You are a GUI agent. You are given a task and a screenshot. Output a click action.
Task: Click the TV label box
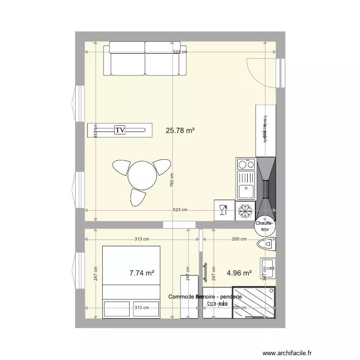[x=120, y=130]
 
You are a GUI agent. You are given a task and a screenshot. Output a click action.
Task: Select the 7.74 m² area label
[x=142, y=273]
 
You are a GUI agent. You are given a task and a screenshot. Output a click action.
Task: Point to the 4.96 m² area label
[x=239, y=273]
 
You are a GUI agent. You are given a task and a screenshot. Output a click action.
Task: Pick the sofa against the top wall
[x=146, y=59]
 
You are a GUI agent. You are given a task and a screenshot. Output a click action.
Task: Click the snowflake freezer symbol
[x=245, y=210]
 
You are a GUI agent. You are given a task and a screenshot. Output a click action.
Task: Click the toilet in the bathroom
[x=267, y=244]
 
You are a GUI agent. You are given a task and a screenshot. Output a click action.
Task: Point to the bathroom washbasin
[x=267, y=268]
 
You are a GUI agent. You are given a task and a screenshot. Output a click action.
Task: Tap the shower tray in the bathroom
[x=254, y=302]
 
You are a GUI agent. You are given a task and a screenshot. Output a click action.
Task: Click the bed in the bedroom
[x=131, y=281]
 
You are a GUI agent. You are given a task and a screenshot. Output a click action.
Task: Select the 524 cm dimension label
[x=180, y=52]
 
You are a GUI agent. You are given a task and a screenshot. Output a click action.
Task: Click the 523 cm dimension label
[x=180, y=210]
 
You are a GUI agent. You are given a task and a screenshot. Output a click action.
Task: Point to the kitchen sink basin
[x=247, y=191]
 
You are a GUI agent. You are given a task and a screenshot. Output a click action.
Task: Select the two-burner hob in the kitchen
[x=246, y=165]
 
